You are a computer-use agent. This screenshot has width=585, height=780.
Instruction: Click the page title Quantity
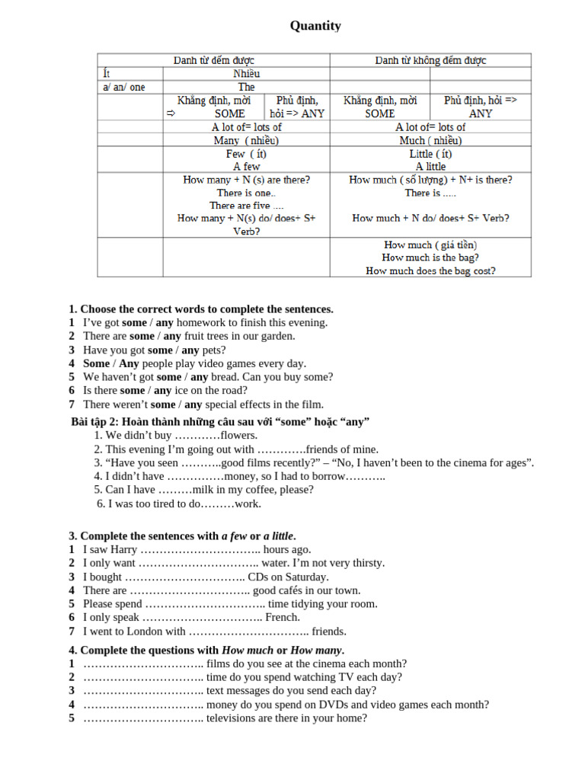(315, 27)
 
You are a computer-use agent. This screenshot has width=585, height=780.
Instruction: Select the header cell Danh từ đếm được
(214, 60)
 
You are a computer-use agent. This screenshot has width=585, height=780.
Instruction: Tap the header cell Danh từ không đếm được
(430, 60)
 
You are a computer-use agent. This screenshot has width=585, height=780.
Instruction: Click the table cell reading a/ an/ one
(124, 87)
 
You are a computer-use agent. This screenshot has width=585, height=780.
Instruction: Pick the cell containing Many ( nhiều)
(246, 141)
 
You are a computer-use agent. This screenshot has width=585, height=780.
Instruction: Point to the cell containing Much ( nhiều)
(430, 141)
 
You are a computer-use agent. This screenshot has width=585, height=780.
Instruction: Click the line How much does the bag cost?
(430, 270)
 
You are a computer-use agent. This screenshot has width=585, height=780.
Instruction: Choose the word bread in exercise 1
(226, 377)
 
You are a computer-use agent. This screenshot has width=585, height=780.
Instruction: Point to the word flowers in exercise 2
(238, 436)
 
